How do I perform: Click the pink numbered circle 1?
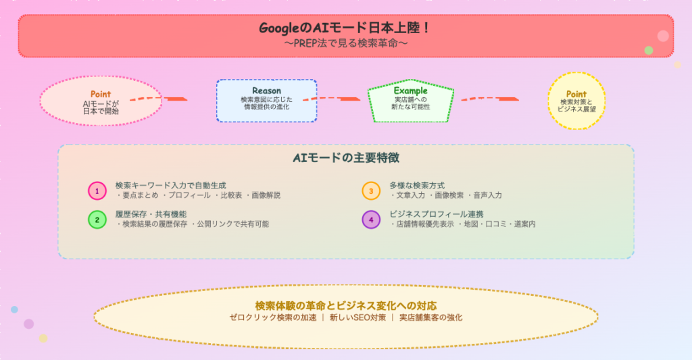point(97,191)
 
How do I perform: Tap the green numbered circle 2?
point(97,220)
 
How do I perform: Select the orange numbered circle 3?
point(371,191)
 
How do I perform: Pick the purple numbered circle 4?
point(371,220)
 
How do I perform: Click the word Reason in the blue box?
point(266,91)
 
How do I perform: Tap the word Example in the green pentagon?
point(411,91)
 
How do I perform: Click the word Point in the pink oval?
point(101,94)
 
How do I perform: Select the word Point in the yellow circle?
point(576,94)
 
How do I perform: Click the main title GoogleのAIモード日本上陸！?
point(345,28)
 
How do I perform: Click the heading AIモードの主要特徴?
point(345,158)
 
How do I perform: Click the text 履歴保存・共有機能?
point(146,214)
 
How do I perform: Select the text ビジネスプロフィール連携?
point(437,214)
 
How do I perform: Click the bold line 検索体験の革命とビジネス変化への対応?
point(345,305)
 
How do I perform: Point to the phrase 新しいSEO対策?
point(357,317)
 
